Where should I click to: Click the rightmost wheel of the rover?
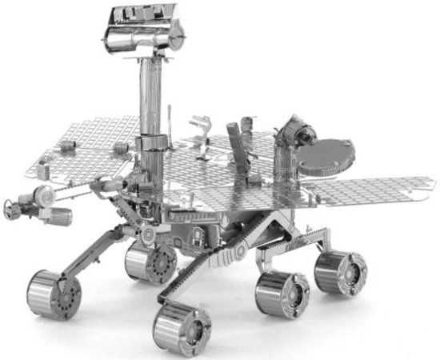[341, 272]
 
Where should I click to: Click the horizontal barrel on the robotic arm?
[56, 214]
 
